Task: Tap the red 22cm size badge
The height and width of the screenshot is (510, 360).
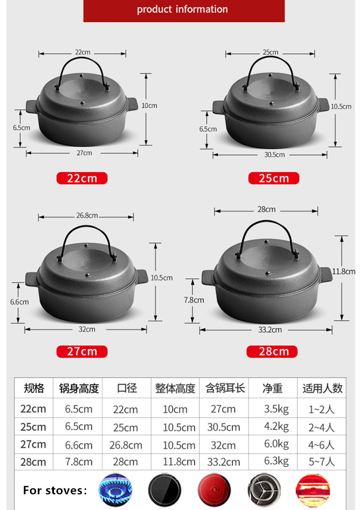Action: point(82,178)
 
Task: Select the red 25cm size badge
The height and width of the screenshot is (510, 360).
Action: point(274,178)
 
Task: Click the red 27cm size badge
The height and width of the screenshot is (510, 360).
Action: point(82,351)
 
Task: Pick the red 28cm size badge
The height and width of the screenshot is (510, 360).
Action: point(272,351)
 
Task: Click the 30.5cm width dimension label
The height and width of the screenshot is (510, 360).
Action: point(274,155)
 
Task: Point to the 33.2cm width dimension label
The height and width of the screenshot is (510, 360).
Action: point(270,330)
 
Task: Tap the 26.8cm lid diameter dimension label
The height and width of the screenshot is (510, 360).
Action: point(87,216)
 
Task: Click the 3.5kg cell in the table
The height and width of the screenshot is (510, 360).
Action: point(276,409)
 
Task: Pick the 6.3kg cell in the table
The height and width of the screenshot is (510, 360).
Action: point(276,461)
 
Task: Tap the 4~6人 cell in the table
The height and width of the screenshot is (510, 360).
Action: point(322,444)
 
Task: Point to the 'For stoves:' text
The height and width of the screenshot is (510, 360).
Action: point(55,490)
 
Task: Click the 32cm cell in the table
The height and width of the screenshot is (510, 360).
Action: point(223,445)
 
